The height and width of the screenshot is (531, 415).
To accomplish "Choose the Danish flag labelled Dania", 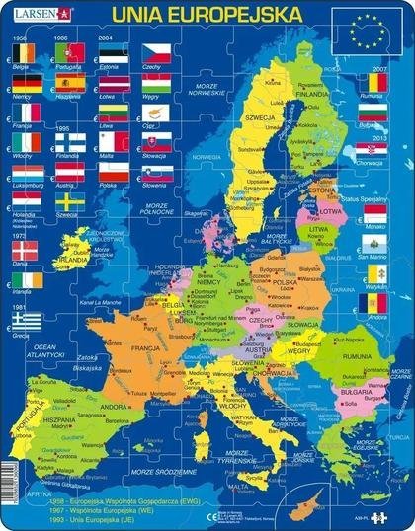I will click(27, 250).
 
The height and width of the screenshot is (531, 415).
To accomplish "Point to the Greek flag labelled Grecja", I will click(27, 321).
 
